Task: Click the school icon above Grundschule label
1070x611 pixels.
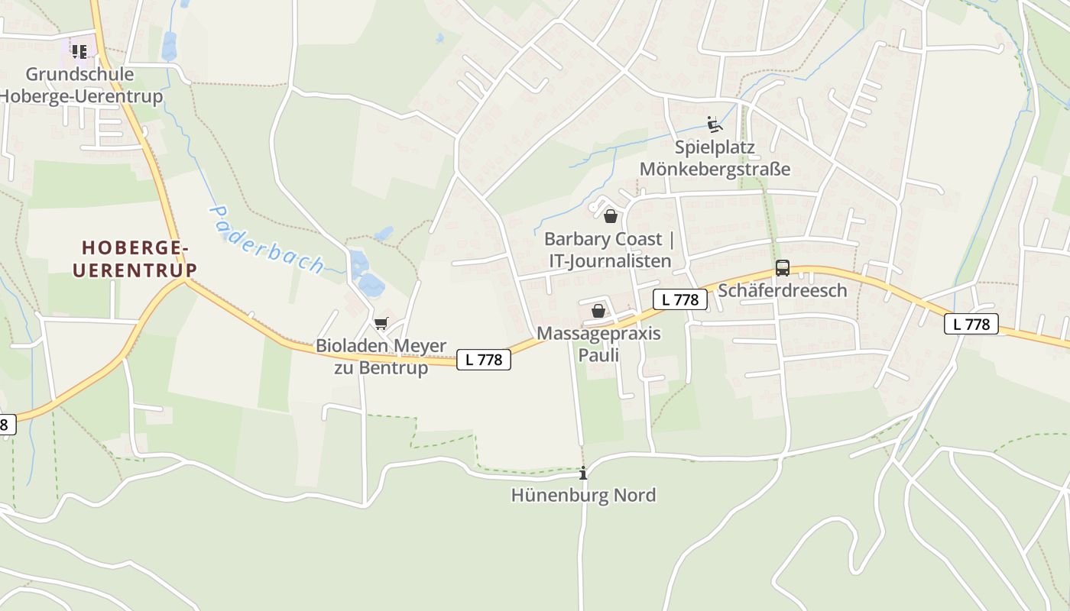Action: click(x=79, y=52)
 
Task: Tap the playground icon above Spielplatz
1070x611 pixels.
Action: click(x=715, y=124)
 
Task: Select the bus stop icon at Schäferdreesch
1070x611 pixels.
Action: click(x=782, y=268)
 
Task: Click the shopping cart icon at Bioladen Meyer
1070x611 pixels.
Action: click(x=381, y=323)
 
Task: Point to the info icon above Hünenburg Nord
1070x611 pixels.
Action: click(x=584, y=473)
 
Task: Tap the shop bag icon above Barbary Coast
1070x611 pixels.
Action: click(x=610, y=216)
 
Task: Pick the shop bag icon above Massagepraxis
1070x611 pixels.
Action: click(x=598, y=311)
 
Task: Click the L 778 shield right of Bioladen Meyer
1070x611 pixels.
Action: click(x=483, y=360)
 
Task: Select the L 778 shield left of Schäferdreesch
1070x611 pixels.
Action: click(x=679, y=299)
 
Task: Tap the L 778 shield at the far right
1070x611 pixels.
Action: click(x=971, y=324)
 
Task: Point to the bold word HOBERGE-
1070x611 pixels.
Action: click(x=135, y=248)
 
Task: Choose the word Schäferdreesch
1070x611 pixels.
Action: click(x=783, y=290)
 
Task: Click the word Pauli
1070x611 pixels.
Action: click(x=598, y=355)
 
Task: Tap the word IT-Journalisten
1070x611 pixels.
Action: click(x=610, y=261)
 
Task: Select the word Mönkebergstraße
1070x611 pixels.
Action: click(x=715, y=169)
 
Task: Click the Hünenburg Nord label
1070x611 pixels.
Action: click(x=583, y=495)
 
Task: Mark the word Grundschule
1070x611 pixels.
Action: click(x=79, y=74)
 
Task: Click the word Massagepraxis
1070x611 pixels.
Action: click(x=598, y=334)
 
